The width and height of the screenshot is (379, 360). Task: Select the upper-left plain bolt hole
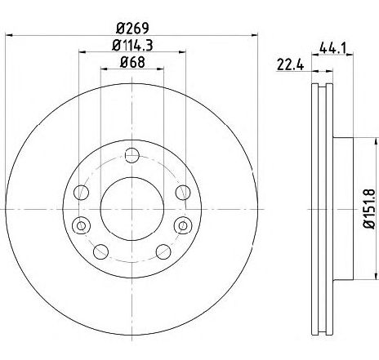click(x=82, y=193)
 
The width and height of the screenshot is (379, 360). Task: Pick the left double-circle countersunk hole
click(x=79, y=224)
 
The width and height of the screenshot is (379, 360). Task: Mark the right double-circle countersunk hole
click(x=182, y=224)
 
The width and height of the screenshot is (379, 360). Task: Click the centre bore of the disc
click(x=131, y=209)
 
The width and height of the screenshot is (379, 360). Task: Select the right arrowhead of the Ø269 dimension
click(x=252, y=34)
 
